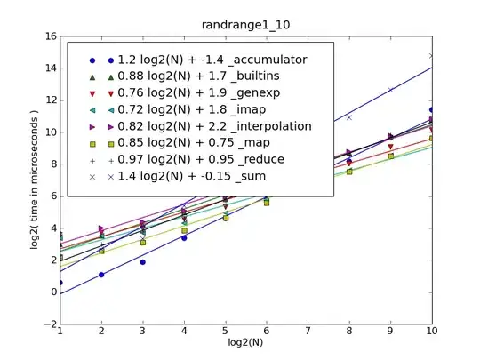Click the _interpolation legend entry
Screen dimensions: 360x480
click(210, 126)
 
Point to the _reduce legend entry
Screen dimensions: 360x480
click(196, 159)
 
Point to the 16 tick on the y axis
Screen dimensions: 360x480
click(52, 36)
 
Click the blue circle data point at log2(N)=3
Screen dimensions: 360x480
click(142, 262)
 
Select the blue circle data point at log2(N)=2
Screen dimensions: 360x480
click(101, 275)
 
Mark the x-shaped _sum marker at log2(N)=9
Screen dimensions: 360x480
click(390, 90)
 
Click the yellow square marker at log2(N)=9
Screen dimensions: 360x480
click(390, 156)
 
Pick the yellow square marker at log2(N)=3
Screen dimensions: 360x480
click(142, 242)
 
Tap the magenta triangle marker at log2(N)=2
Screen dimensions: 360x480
click(101, 229)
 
